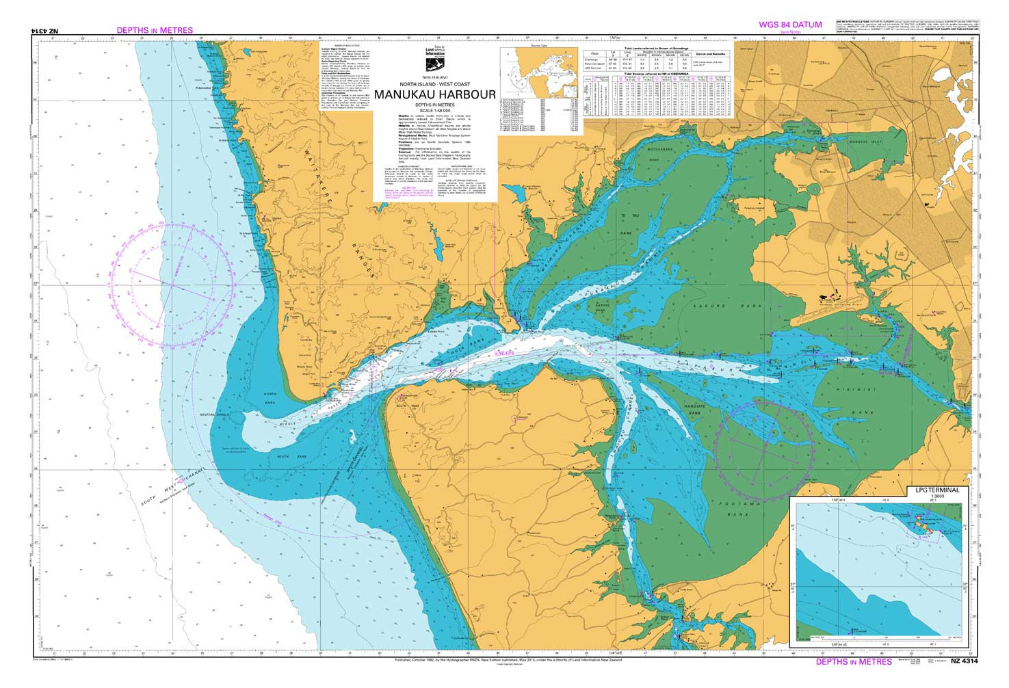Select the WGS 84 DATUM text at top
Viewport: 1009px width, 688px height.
790,25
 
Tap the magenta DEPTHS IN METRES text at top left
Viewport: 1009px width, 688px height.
155,30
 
